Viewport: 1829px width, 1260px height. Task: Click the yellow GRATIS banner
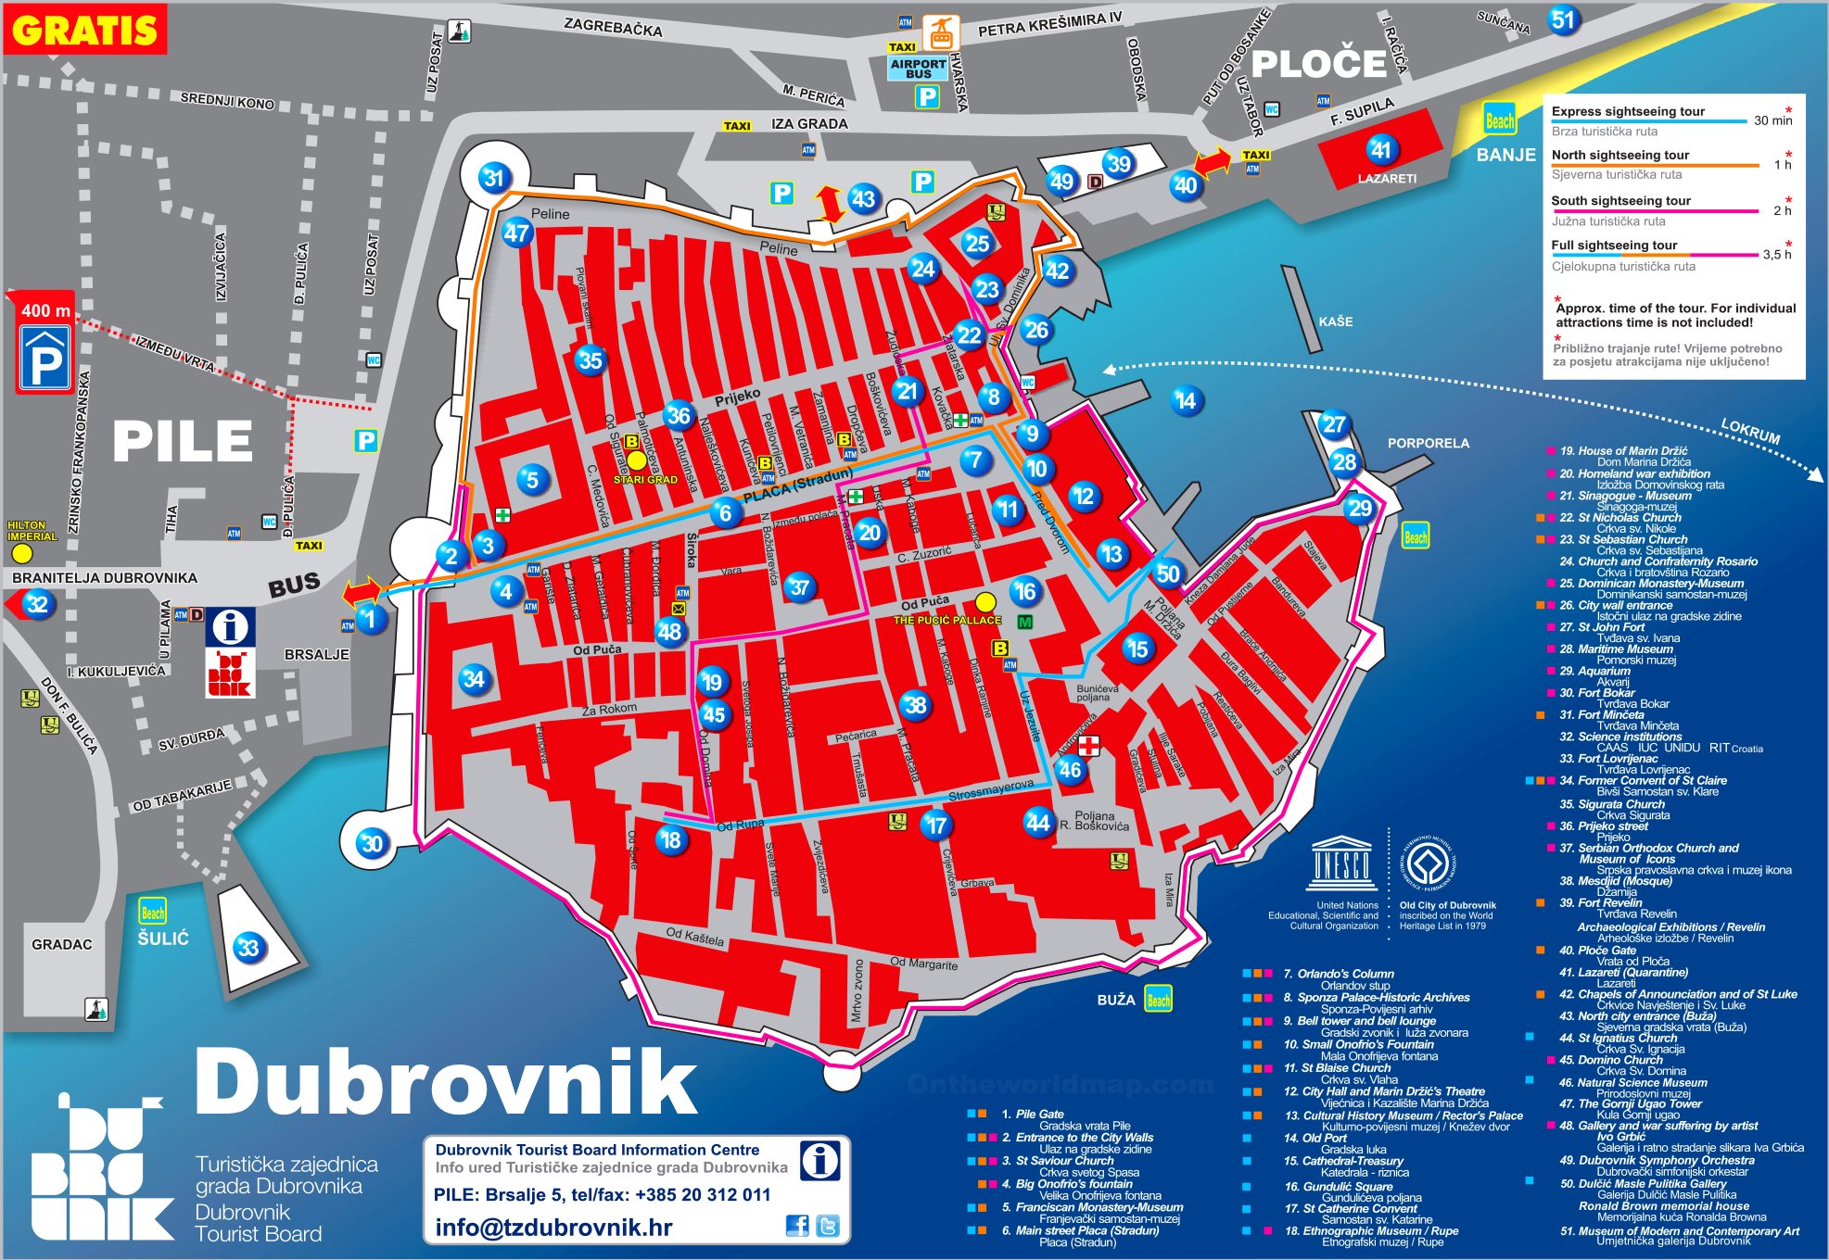tap(84, 30)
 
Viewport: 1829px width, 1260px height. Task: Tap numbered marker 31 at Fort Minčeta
tap(493, 178)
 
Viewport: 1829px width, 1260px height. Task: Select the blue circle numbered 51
tap(1563, 20)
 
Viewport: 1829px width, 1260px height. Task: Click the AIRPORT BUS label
tap(918, 69)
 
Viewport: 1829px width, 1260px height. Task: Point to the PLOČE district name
tap(1318, 65)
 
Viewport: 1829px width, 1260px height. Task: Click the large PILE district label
tap(183, 441)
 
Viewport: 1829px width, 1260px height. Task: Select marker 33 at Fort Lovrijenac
tap(248, 948)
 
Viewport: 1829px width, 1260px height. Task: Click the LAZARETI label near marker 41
tap(1387, 179)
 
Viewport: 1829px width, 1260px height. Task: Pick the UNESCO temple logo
tap(1341, 863)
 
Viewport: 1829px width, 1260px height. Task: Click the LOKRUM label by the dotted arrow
tap(1750, 431)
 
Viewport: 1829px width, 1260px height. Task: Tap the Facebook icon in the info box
tap(796, 1226)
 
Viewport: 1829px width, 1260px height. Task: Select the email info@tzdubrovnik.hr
tap(553, 1228)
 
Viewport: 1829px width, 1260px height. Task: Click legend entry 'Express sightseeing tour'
tap(1628, 111)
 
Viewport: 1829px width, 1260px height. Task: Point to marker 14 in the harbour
tap(1185, 400)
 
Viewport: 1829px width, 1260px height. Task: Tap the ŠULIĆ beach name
tap(163, 939)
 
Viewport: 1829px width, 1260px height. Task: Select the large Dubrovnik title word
tap(445, 1082)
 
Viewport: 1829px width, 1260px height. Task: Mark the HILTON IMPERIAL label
tap(32, 531)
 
